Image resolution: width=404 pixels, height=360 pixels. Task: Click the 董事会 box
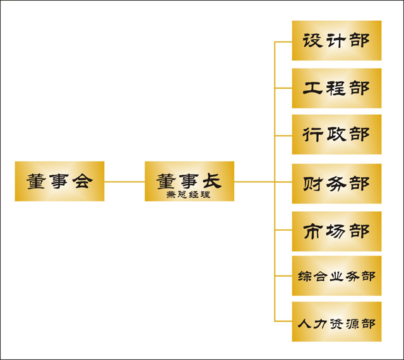[59, 181]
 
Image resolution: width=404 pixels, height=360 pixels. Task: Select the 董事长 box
[189, 181]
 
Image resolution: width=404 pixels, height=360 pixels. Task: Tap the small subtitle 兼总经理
[188, 195]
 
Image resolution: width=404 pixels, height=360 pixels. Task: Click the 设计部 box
[336, 40]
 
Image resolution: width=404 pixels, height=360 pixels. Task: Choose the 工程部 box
[336, 88]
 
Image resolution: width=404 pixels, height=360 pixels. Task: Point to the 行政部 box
[336, 134]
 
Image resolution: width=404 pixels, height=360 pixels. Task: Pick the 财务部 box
[336, 183]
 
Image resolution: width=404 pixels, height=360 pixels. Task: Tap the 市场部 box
[336, 231]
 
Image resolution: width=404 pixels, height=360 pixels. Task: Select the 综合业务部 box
[336, 276]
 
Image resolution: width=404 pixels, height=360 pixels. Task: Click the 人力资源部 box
[336, 322]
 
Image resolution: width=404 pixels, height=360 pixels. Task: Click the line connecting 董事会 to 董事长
[124, 182]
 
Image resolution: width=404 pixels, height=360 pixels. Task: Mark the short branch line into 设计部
[283, 42]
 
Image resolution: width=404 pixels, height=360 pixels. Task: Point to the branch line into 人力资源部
[283, 321]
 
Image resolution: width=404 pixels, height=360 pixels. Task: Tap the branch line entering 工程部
[283, 88]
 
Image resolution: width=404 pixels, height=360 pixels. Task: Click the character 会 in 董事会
[82, 181]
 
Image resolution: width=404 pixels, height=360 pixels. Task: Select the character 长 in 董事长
[212, 181]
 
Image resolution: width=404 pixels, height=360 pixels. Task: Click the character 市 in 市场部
[313, 231]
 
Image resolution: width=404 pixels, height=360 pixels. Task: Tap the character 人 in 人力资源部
[304, 323]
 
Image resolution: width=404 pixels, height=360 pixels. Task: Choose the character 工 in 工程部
[313, 88]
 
